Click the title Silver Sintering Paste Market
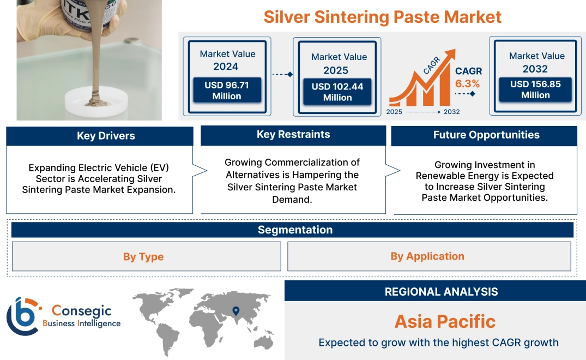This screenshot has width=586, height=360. point(382,16)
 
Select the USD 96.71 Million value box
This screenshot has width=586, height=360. point(227,91)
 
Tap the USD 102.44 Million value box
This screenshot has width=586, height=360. point(337,92)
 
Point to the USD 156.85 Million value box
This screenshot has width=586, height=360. point(535,89)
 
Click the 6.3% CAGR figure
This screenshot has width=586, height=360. point(467,83)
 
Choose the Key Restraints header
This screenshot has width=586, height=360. point(293,135)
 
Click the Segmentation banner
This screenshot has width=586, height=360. point(295,230)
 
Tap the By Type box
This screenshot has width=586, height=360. point(143,256)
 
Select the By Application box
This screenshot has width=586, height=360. point(427,256)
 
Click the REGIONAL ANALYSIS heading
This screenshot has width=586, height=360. point(441,292)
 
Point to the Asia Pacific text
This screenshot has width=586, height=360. point(445,321)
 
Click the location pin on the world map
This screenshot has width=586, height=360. point(235,311)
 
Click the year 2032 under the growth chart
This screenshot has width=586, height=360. point(451,112)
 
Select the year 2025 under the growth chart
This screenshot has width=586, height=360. point(395,112)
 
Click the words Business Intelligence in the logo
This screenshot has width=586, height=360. point(82,323)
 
